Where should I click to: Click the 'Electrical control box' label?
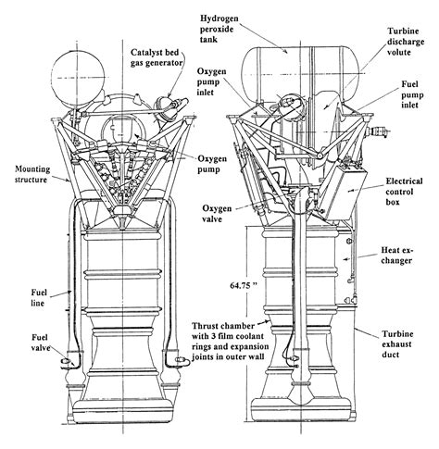point(407,192)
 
